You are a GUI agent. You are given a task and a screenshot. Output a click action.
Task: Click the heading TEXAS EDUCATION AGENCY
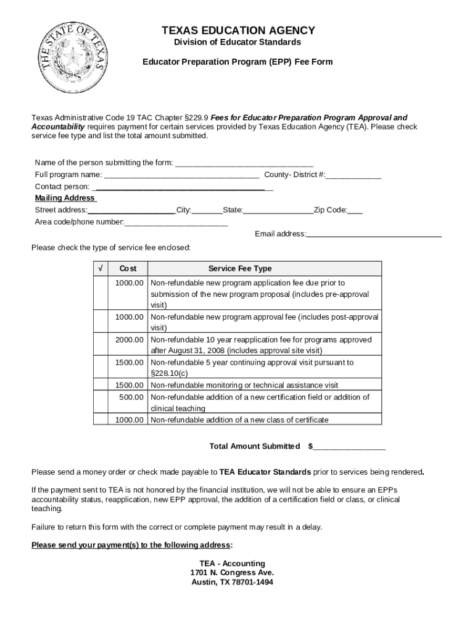[238, 31]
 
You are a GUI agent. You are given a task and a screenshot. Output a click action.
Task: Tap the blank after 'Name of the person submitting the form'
[244, 164]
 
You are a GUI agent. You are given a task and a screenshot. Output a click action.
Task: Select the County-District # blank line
[353, 175]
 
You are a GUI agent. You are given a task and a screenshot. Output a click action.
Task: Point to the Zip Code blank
[355, 210]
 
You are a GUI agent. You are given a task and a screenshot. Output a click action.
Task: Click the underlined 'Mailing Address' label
[65, 198]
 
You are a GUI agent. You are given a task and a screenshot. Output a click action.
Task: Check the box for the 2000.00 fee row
[100, 345]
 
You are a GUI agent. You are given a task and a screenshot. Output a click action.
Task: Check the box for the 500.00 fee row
[100, 402]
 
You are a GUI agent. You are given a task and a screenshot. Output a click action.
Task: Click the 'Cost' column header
[128, 268]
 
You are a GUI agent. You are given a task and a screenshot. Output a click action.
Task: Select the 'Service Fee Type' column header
[240, 268]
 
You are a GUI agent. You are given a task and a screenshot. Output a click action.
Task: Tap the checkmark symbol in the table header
[100, 268]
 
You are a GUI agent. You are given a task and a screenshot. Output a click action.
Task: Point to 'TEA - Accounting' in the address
[232, 563]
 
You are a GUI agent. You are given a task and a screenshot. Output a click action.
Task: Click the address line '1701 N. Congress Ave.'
[232, 573]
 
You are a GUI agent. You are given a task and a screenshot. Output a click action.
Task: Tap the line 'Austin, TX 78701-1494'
[232, 582]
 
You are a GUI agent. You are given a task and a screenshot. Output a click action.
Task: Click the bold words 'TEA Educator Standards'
[265, 472]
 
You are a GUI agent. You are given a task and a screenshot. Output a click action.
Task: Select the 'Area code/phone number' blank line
[176, 222]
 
